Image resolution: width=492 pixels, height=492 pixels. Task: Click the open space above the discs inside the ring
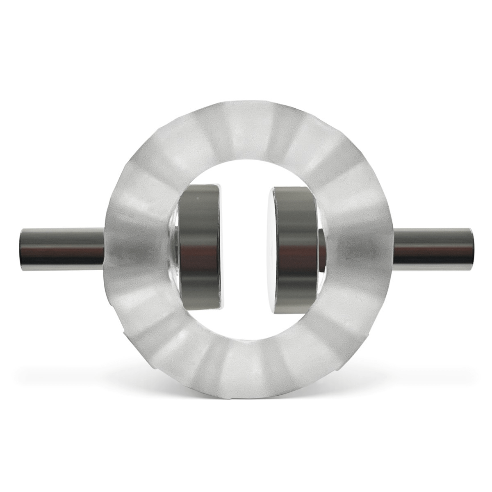pyautogui.click(x=246, y=168)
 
